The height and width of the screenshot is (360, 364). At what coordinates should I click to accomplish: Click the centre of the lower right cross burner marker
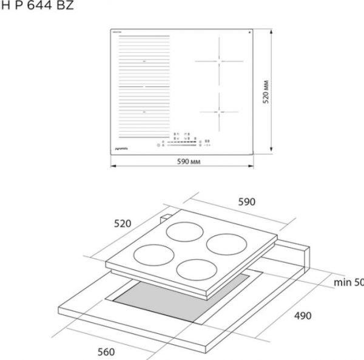coord(221,112)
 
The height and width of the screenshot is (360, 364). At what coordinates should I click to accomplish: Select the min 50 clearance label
coord(348,282)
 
